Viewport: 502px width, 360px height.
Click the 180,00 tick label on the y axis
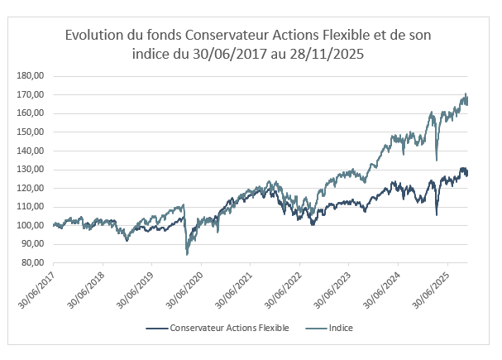30,76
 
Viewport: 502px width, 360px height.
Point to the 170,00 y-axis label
30,94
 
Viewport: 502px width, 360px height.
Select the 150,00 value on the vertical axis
30,132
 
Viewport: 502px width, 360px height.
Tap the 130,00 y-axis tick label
30,170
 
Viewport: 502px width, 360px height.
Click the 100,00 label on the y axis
30,226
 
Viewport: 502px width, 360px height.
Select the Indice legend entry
341,329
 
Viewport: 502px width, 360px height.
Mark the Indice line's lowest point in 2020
187,254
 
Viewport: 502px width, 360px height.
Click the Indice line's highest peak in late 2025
466,94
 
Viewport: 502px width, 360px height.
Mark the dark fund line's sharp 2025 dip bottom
436,215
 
